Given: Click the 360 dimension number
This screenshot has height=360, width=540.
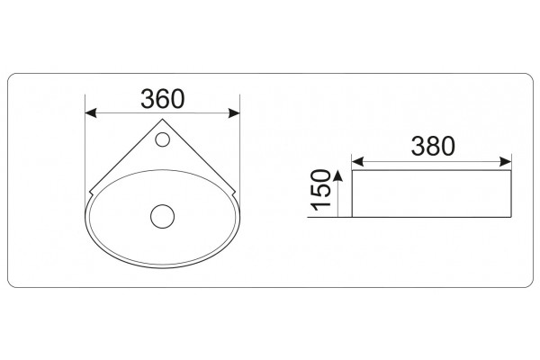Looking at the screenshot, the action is pyautogui.click(x=163, y=99).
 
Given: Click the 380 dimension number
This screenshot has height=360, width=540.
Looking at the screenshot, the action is pyautogui.click(x=433, y=146).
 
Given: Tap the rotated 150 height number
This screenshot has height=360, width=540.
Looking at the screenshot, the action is pyautogui.click(x=320, y=190).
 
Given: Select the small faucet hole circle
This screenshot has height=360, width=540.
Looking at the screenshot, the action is pyautogui.click(x=162, y=139).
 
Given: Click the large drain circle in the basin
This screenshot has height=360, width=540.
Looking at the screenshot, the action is pyautogui.click(x=163, y=216).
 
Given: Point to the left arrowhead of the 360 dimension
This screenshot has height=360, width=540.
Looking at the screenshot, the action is pyautogui.click(x=91, y=113).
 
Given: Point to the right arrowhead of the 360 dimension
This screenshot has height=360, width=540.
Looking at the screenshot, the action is pyautogui.click(x=234, y=113).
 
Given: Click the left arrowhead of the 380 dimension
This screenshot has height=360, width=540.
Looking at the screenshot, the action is pyautogui.click(x=357, y=162).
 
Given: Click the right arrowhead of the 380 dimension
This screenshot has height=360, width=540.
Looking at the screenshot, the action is pyautogui.click(x=506, y=162).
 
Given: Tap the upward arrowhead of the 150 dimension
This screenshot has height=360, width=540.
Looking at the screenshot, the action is pyautogui.click(x=338, y=175).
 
